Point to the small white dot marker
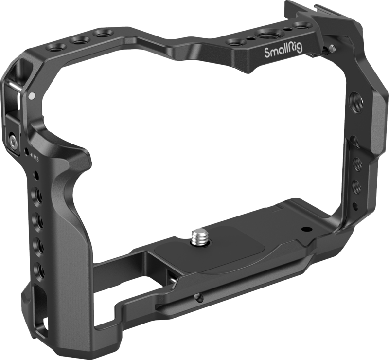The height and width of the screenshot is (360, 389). click(x=31, y=96)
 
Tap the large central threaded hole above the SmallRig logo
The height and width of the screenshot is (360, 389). click(x=267, y=35)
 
